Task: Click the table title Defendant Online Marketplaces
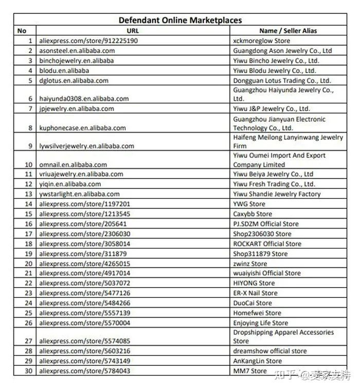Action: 180,20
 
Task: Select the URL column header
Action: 133,30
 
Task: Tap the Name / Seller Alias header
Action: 288,30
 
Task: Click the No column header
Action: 22,30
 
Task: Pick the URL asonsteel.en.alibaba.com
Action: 77,51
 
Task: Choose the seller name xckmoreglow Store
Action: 261,41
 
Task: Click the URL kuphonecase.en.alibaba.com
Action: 82,128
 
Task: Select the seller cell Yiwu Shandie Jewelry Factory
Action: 277,194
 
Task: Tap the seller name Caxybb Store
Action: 253,214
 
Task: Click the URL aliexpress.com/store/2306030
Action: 85,234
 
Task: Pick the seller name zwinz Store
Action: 250,263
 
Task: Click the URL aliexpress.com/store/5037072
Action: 85,283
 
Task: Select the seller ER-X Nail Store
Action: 255,293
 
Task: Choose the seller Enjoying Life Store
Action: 260,323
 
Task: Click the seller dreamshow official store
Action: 270,351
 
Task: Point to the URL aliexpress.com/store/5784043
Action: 85,370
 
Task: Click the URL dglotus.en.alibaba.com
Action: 74,81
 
